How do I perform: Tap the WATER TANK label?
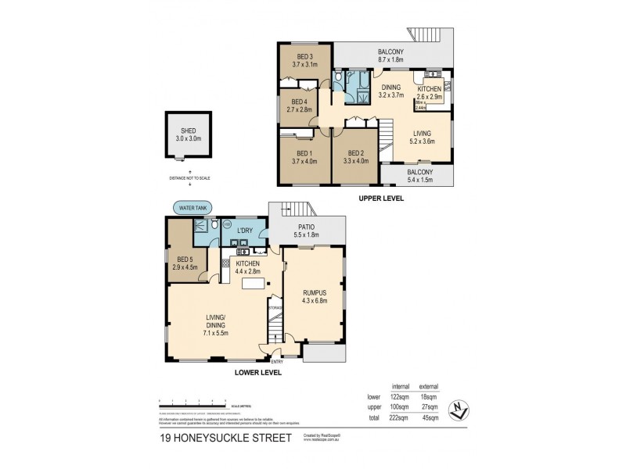(x=193, y=208)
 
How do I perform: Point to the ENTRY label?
(x=277, y=361)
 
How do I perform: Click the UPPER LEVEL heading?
(x=380, y=199)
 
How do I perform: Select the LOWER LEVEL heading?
(x=258, y=373)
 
